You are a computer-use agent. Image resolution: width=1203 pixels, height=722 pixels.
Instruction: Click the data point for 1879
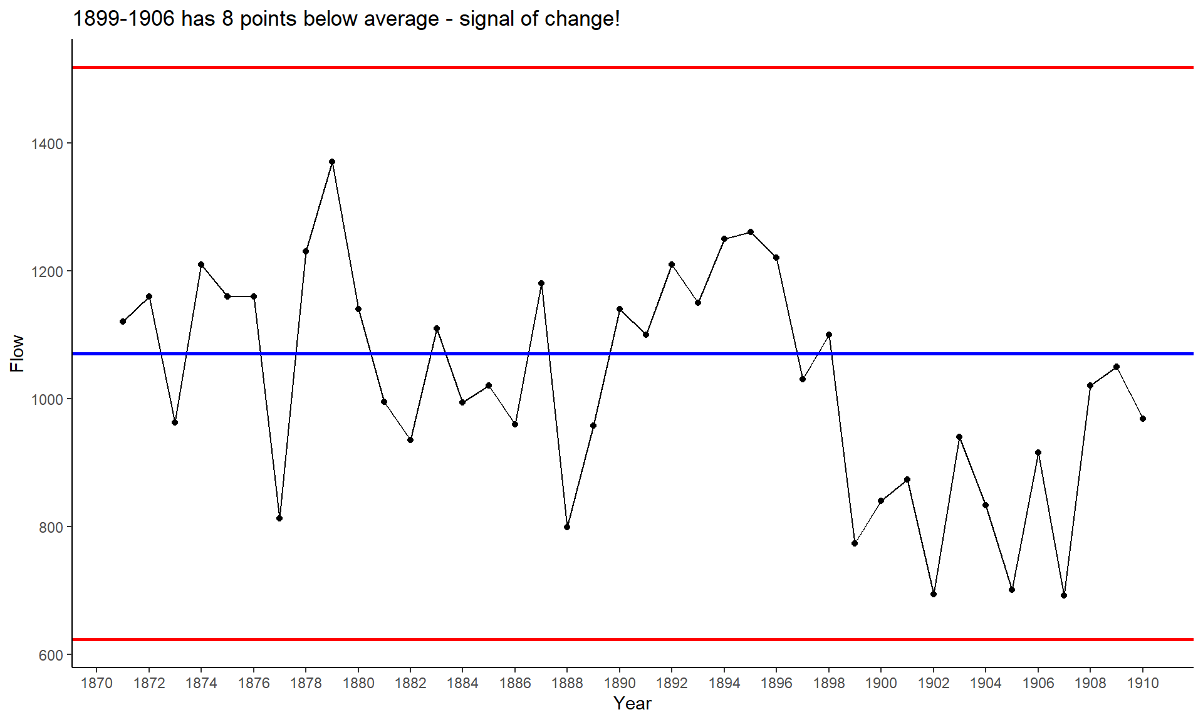[332, 162]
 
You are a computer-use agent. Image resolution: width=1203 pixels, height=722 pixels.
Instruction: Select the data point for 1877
[279, 518]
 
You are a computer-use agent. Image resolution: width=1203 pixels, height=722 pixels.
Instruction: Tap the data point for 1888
[567, 527]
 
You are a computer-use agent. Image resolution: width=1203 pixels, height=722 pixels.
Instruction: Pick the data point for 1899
[855, 543]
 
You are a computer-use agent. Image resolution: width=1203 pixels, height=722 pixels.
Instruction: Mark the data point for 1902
[934, 594]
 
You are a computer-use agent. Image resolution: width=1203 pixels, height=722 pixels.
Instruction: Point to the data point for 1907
[1064, 595]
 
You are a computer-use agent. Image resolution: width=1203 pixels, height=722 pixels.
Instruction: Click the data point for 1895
[751, 232]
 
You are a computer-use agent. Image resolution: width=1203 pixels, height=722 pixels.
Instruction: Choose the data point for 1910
[1143, 419]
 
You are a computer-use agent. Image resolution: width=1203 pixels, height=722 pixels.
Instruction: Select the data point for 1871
[123, 322]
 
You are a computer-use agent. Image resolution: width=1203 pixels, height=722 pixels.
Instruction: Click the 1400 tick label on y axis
[48, 144]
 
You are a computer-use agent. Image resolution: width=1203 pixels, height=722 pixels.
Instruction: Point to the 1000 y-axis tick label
[48, 400]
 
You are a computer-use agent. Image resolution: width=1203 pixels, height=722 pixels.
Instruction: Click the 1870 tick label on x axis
[97, 683]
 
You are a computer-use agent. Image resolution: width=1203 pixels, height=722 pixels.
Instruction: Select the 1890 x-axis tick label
[620, 683]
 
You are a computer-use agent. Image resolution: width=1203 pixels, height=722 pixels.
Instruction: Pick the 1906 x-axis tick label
[1038, 683]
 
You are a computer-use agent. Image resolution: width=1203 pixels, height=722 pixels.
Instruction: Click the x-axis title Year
[632, 704]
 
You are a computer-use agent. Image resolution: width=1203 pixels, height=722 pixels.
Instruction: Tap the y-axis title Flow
[17, 353]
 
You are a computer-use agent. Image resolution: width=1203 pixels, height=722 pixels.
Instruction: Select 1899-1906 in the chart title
[123, 19]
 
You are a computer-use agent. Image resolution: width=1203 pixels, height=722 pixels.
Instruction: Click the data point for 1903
[959, 437]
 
